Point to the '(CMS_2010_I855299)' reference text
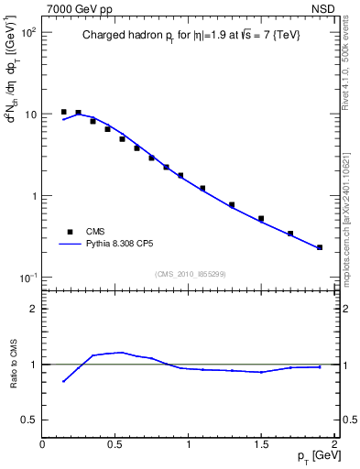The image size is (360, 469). coord(190,274)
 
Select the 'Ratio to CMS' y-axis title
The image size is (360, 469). coord(13,364)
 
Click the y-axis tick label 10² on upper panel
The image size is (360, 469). coord(27,33)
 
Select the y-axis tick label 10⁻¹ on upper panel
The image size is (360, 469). coord(27,278)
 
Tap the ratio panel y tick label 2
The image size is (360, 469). coord(33,310)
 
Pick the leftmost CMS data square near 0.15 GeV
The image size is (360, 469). coord(64,112)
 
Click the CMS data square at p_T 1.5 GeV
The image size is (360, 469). coord(261,219)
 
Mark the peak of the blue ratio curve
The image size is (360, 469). coord(121,352)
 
